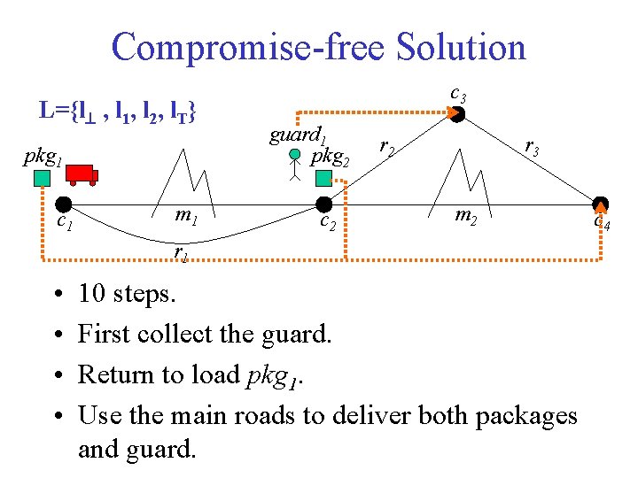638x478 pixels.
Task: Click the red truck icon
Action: pyautogui.click(x=81, y=174)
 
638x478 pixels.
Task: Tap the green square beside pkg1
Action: pyautogui.click(x=43, y=180)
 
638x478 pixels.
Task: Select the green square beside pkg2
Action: pyautogui.click(x=323, y=179)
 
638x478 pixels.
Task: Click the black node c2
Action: pyautogui.click(x=323, y=205)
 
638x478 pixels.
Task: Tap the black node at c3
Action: pyautogui.click(x=459, y=113)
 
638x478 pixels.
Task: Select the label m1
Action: pyautogui.click(x=185, y=215)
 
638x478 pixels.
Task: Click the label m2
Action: pyautogui.click(x=466, y=215)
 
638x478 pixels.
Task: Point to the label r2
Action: pyautogui.click(x=386, y=147)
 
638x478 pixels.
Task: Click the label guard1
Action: pyautogui.click(x=298, y=135)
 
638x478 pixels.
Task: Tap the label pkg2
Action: pyautogui.click(x=331, y=158)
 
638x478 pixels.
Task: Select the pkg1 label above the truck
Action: pyautogui.click(x=43, y=157)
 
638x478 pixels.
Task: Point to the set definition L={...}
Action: pyautogui.click(x=118, y=112)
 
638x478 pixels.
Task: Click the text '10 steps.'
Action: pyautogui.click(x=127, y=293)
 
